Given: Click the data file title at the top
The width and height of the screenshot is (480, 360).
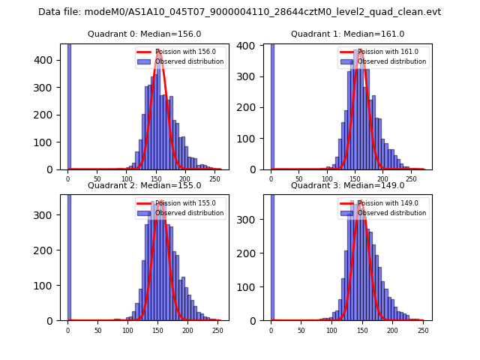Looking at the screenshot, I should (x=239, y=12).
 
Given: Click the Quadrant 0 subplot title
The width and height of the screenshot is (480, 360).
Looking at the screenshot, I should (x=144, y=34).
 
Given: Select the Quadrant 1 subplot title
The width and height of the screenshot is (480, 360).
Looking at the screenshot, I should (x=347, y=34).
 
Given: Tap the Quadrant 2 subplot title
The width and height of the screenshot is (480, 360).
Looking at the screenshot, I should (x=144, y=185).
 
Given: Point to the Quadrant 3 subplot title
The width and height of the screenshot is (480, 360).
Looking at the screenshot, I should (x=347, y=185).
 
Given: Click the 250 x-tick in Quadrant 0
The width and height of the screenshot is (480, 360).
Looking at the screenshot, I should (x=187, y=179).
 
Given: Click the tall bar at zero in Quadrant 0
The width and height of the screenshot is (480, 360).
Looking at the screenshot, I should (x=68, y=105).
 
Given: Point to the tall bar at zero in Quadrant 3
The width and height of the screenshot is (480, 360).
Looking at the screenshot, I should (x=271, y=255).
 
